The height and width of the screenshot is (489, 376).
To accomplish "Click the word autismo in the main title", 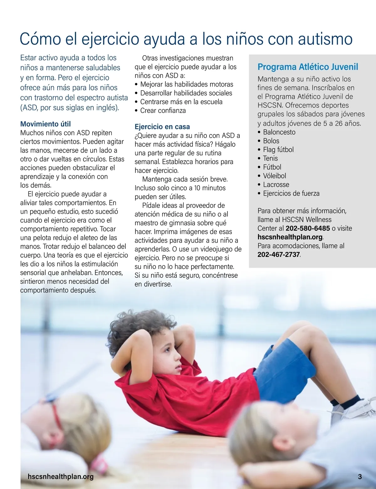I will (325, 39).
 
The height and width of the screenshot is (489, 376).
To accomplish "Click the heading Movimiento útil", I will (45, 124).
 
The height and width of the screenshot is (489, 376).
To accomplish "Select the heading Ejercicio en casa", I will (162, 127).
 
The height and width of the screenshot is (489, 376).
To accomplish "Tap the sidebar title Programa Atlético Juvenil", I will (308, 67).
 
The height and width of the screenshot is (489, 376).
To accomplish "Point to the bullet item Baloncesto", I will (279, 132).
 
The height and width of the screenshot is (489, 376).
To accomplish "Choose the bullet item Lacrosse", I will (276, 185).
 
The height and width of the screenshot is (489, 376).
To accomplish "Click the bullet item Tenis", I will (270, 158).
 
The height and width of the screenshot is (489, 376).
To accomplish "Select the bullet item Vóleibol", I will (274, 176).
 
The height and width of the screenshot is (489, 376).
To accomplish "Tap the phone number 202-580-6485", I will (308, 228).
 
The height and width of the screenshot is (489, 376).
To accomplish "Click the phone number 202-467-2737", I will (279, 255).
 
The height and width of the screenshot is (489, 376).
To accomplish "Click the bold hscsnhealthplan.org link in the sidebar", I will (290, 237).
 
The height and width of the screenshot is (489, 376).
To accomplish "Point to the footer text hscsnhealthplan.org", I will (60, 476).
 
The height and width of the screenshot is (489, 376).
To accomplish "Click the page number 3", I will (360, 476).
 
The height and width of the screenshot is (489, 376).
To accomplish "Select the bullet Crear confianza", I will (163, 110).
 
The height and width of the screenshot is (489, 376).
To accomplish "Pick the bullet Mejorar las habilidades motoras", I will (186, 84).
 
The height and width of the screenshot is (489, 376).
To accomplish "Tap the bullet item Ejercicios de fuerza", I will (291, 193).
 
